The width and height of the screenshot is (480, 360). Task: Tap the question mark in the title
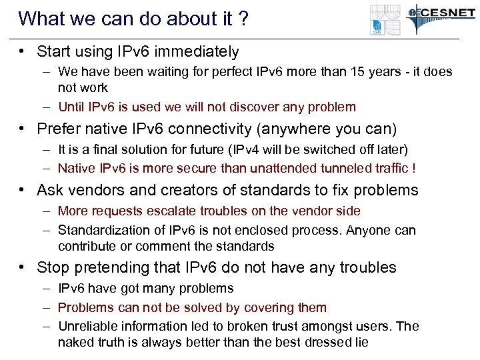tap(243, 18)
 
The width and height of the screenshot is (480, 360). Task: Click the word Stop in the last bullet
tap(53, 268)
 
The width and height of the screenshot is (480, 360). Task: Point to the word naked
tap(75, 343)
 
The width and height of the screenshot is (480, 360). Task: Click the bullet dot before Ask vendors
tap(23, 190)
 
